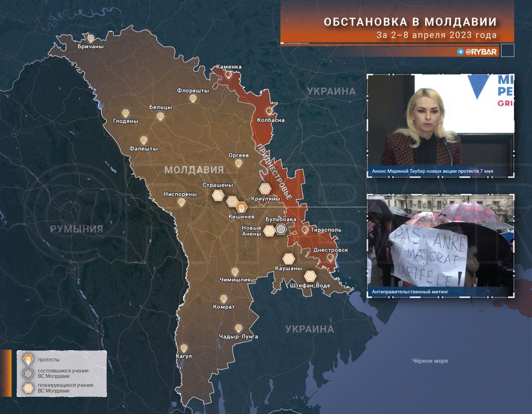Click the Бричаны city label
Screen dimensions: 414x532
[x=90, y=47]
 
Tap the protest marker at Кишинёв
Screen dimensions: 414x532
[x=243, y=205]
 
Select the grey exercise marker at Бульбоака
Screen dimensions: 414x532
[x=281, y=230]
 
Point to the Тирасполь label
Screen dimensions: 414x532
[x=326, y=230]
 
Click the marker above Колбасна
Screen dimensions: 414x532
[x=270, y=111]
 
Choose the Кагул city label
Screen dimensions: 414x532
[x=182, y=356]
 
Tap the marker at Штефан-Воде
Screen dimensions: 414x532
[x=310, y=275]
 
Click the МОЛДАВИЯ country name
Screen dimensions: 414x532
[x=194, y=170]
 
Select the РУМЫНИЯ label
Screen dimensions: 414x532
[x=76, y=229]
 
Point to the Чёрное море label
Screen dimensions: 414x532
[x=430, y=361]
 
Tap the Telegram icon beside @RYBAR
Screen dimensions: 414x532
[x=460, y=52]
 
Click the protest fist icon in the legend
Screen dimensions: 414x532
[x=27, y=359]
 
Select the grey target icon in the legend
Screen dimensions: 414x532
[x=27, y=373]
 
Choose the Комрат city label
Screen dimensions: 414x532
[x=223, y=307]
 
